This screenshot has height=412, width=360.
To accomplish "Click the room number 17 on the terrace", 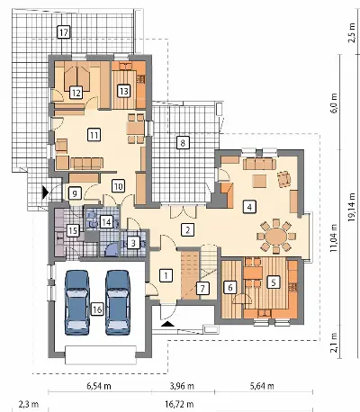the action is [63, 32].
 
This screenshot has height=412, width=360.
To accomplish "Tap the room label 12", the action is [76, 93].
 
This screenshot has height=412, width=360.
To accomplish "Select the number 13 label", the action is [123, 91].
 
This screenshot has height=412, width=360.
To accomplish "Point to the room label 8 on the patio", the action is [183, 142].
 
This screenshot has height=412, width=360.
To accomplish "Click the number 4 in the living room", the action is [249, 207].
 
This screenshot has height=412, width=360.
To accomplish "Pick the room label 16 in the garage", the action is [97, 309].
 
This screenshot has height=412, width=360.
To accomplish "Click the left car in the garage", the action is [77, 302].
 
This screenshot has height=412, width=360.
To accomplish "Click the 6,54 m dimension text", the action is [99, 386].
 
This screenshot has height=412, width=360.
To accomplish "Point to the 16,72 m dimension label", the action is [179, 404].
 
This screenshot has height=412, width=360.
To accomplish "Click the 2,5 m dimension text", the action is [352, 32].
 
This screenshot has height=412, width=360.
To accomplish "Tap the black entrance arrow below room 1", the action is [168, 324].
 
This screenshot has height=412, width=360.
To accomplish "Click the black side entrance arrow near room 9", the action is [45, 192].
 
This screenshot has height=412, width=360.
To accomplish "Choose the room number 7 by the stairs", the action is [202, 289].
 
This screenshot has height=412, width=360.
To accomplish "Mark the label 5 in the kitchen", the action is [273, 282].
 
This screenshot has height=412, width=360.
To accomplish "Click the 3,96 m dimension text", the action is [182, 386].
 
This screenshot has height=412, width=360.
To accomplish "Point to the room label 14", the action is [106, 222].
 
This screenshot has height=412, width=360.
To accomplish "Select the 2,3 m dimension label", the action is [29, 404].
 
